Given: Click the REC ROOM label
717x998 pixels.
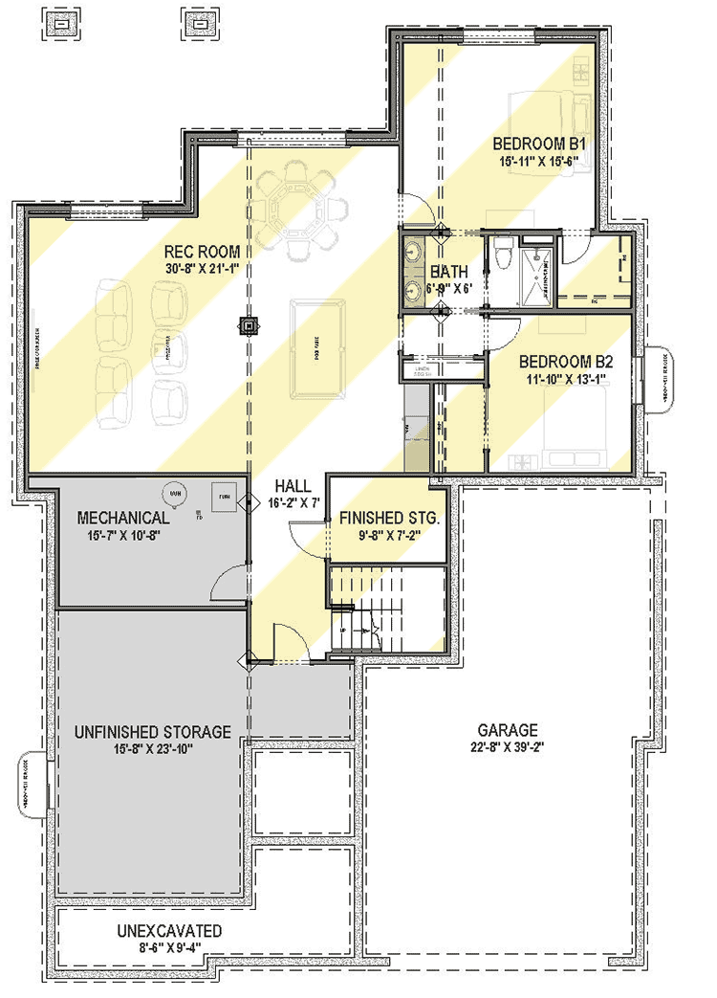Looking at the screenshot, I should pos(198,254).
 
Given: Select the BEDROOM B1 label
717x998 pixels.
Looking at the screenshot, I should pos(538,144).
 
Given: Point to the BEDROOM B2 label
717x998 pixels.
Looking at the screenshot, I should pos(565,363).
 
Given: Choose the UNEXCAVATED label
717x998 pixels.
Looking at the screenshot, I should pos(170,931).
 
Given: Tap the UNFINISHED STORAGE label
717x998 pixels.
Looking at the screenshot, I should pos(152,732).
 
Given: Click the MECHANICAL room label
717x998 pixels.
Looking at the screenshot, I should pos(122,518).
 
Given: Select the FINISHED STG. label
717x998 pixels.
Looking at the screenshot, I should pos(388,518).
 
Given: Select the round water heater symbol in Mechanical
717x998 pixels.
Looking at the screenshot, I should pos(175,494).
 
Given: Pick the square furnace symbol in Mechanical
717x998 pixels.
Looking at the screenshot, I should pos(225,497).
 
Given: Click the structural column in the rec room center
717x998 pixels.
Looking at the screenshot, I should pos(249,326).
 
